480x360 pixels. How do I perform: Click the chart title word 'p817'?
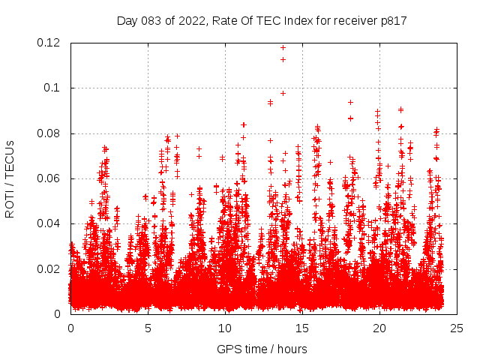click(393, 21)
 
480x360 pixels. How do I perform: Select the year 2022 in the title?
click(193, 21)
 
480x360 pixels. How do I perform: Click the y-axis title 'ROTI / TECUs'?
click(10, 178)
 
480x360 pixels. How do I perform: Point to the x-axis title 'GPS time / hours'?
click(262, 349)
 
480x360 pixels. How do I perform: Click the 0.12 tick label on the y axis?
click(49, 43)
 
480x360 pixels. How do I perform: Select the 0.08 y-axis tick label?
click(49, 133)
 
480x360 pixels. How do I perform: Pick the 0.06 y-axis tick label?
click(49, 178)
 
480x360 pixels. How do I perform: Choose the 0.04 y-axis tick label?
click(49, 223)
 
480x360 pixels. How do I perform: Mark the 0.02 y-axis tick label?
click(49, 268)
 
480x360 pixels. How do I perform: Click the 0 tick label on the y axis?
click(59, 314)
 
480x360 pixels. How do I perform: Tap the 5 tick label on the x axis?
click(148, 328)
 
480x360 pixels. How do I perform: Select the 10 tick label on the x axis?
click(225, 328)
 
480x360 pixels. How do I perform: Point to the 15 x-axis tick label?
click(302, 328)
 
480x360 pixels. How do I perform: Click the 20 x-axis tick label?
click(379, 328)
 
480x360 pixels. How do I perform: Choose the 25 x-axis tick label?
click(457, 328)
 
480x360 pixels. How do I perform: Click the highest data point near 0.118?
click(283, 47)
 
